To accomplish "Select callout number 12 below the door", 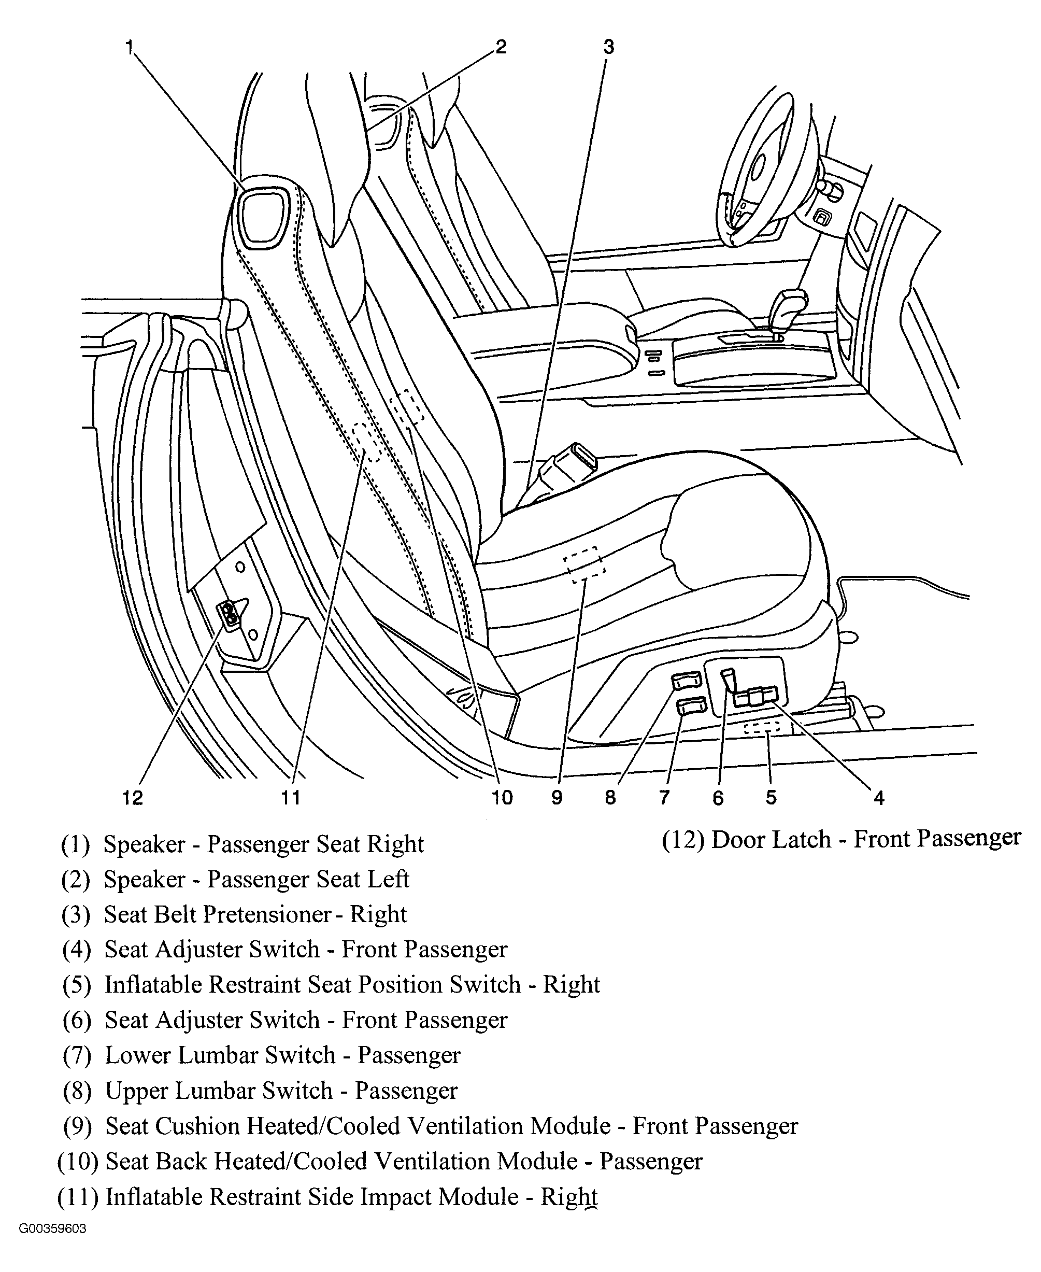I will pos(133,797).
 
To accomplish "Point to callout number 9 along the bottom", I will pos(557,797).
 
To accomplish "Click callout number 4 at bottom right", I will pos(878,797).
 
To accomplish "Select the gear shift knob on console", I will pos(789,306).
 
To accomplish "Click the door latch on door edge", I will pos(230,615).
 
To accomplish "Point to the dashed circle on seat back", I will pos(367,442).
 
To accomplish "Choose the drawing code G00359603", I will pos(53,1229).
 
